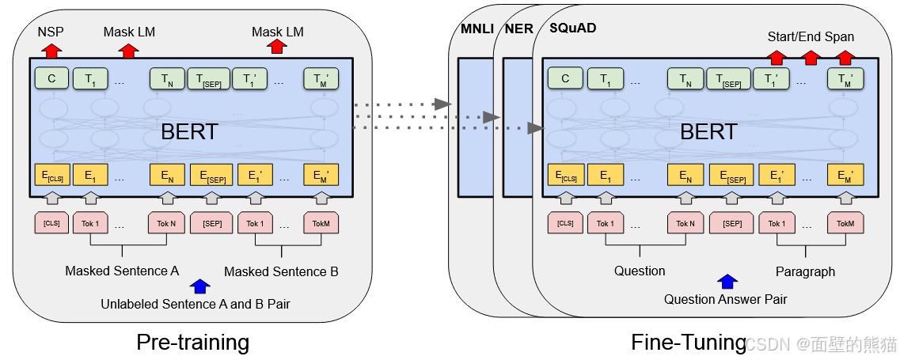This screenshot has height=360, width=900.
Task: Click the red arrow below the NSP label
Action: point(51,51)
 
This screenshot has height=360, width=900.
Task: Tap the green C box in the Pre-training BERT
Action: point(51,78)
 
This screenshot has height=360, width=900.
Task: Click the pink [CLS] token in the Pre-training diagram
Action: point(51,223)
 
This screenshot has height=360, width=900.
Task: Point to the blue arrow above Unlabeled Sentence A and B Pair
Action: point(201,286)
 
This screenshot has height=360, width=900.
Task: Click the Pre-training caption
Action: point(192,342)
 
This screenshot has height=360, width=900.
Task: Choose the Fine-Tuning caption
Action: point(688,342)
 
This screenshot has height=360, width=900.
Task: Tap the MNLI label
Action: point(477,30)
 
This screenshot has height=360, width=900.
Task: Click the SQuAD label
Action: point(572,28)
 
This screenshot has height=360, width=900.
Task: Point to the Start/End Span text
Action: point(811,37)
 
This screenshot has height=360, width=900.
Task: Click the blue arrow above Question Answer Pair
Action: point(727,281)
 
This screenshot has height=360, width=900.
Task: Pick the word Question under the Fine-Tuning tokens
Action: point(640,271)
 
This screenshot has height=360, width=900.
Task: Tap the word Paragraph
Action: point(805,271)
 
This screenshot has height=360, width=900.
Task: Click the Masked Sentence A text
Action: point(122,271)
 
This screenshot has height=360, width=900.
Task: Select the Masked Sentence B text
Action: point(281,272)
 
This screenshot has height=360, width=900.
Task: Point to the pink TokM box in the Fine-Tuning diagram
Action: point(845,223)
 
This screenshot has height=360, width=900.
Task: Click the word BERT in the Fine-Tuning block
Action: point(708,131)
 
